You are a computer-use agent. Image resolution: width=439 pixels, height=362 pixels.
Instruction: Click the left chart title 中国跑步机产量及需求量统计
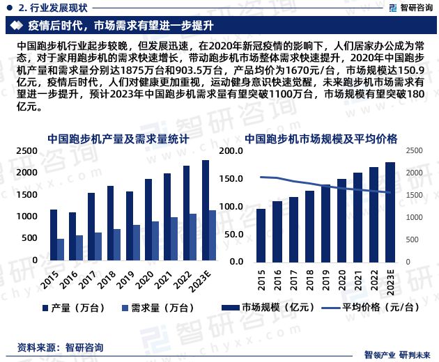pyautogui.click(x=118, y=139)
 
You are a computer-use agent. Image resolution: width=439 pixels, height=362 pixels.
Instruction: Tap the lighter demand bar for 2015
pyautogui.click(x=61, y=249)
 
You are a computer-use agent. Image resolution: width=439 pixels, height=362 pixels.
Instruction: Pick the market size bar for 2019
pyautogui.click(x=325, y=222)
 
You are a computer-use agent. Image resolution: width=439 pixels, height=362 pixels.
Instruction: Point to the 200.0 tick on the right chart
pyautogui.click(x=236, y=150)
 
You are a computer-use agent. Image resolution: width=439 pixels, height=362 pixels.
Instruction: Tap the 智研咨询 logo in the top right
pyautogui.click(x=408, y=7)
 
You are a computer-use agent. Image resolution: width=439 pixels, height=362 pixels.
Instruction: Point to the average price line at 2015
pyautogui.click(x=261, y=177)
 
